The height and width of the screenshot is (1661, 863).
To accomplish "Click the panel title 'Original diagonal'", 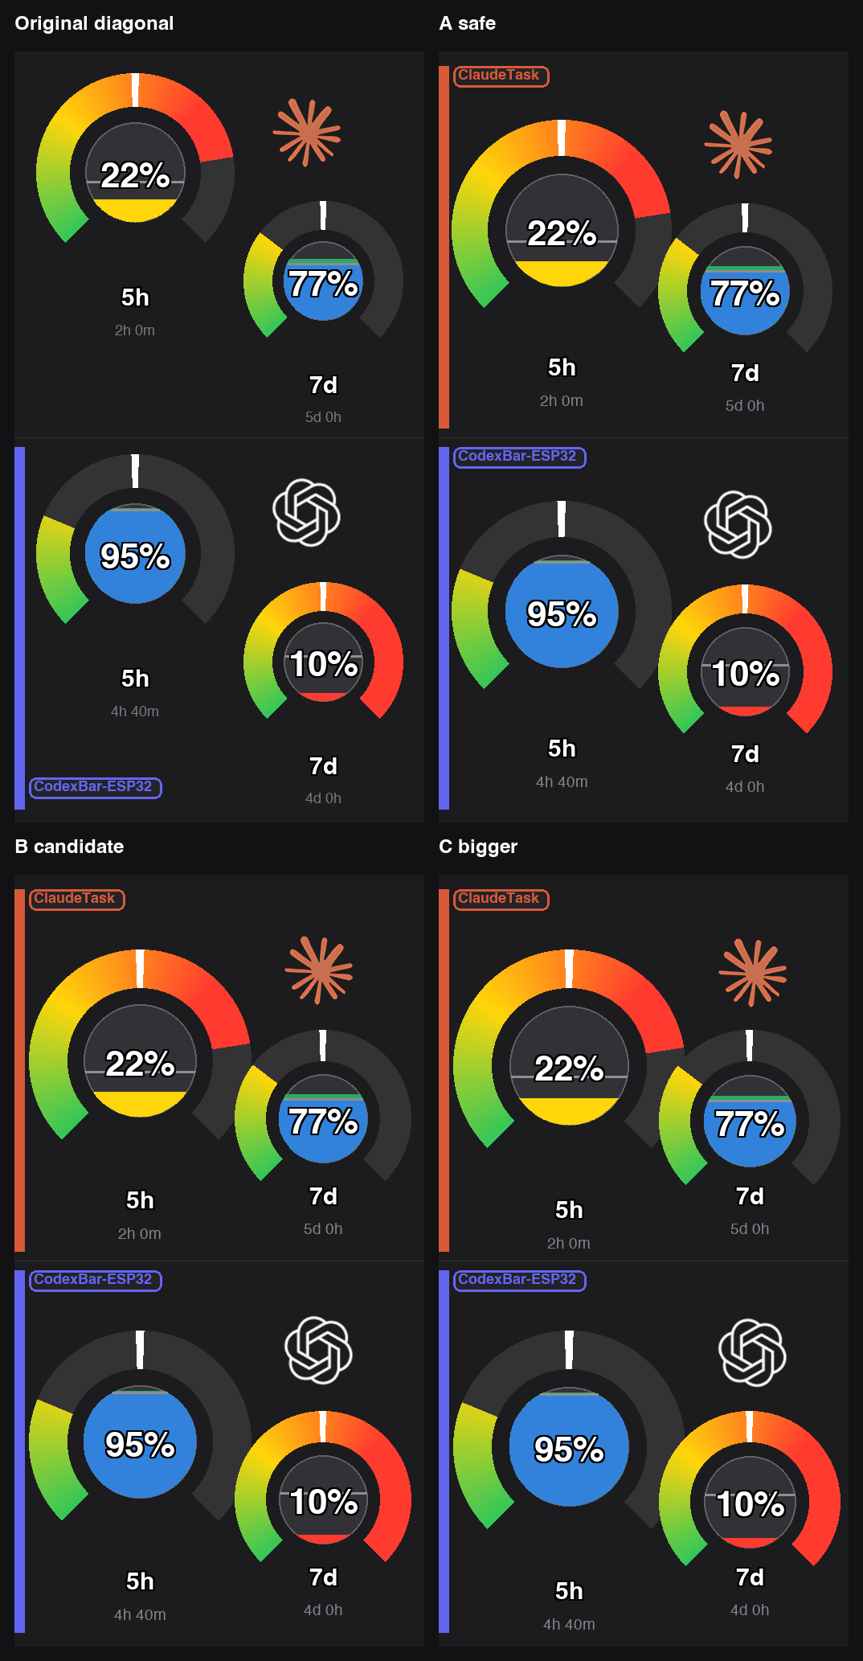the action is pyautogui.click(x=94, y=23).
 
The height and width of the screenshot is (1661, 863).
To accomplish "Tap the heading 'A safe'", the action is pyautogui.click(x=467, y=23).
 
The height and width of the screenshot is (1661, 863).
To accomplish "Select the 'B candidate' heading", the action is pyautogui.click(x=69, y=847).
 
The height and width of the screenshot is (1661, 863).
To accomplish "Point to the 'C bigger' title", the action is pyautogui.click(x=478, y=847).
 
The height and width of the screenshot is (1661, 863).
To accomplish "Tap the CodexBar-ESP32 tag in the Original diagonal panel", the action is pyautogui.click(x=96, y=787).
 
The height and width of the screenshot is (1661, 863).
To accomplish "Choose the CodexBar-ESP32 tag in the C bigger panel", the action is pyautogui.click(x=520, y=1280).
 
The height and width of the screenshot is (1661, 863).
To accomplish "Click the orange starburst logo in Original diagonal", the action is pyautogui.click(x=307, y=133).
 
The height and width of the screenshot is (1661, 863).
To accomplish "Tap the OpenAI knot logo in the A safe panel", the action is pyautogui.click(x=738, y=525).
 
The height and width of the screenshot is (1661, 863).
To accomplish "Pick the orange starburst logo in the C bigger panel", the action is pyautogui.click(x=753, y=972).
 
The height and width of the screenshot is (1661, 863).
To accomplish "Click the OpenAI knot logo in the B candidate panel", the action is pyautogui.click(x=319, y=1350).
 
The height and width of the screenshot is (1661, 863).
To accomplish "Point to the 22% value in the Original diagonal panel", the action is pyautogui.click(x=135, y=175).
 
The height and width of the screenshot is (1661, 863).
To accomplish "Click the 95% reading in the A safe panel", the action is pyautogui.click(x=562, y=614).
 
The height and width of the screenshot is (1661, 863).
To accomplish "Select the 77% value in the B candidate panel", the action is pyautogui.click(x=323, y=1122).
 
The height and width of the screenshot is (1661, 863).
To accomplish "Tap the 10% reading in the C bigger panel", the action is pyautogui.click(x=750, y=1504).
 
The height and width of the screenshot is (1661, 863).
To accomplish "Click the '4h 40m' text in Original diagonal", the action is pyautogui.click(x=135, y=712).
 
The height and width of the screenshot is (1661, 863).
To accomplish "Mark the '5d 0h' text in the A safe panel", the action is pyautogui.click(x=745, y=406).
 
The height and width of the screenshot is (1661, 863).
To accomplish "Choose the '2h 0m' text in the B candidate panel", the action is pyautogui.click(x=140, y=1234).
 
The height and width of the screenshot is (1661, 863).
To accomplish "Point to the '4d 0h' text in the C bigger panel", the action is pyautogui.click(x=750, y=1610).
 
